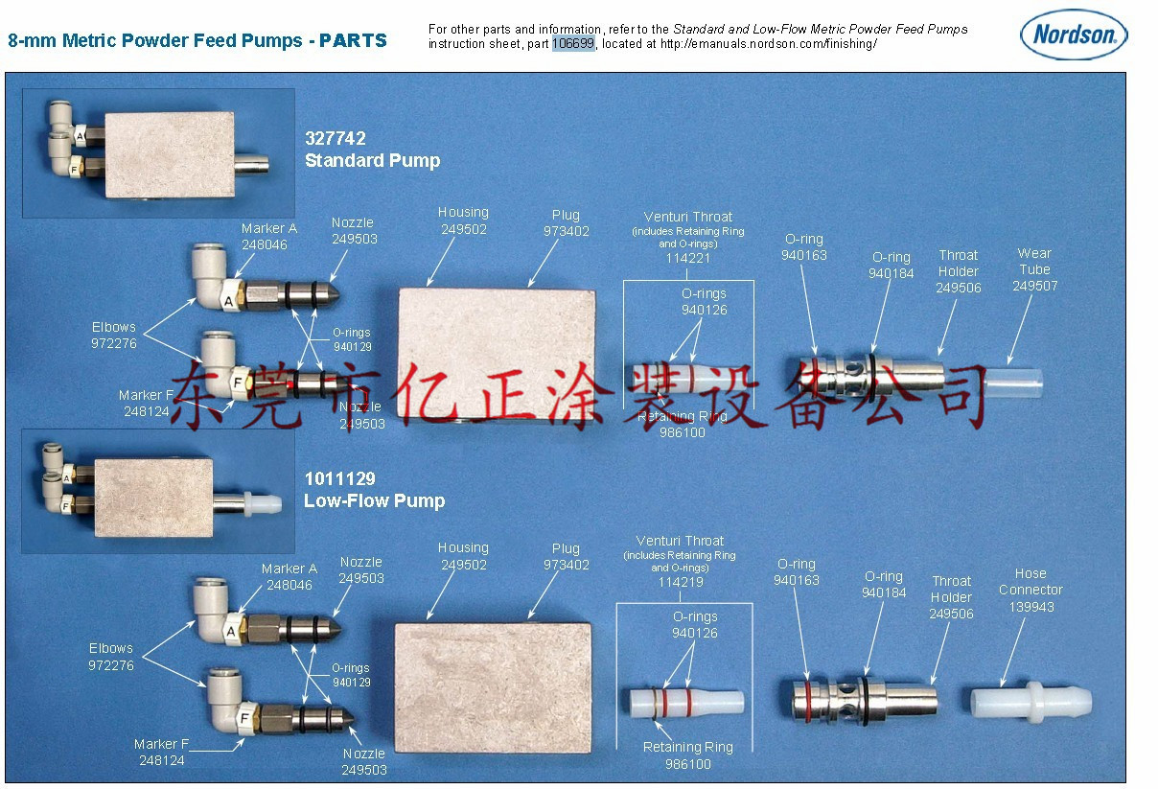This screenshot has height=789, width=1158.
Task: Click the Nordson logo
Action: [1074, 35]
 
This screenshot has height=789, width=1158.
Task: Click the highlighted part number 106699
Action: [573, 43]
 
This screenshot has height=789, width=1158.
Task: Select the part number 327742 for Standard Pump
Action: [335, 138]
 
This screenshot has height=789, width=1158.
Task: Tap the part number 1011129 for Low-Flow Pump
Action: [339, 478]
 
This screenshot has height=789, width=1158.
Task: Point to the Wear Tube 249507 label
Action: [1034, 269]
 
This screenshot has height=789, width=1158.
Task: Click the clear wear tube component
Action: [1014, 383]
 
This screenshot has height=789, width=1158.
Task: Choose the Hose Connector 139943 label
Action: [1031, 590]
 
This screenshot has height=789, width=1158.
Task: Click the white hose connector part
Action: [1031, 702]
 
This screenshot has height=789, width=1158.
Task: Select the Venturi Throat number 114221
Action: [688, 258]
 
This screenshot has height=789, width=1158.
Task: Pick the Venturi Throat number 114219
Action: [681, 582]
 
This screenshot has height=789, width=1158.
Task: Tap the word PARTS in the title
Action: [353, 40]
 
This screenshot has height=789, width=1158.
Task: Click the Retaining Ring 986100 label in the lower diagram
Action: [688, 755]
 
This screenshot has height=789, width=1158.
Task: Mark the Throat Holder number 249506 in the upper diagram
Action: [958, 288]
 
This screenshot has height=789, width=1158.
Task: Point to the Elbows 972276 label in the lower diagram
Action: [111, 657]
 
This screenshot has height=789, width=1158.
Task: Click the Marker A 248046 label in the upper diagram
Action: [268, 236]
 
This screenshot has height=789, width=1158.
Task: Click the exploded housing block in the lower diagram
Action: [493, 687]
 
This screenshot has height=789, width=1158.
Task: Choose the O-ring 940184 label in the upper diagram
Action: [891, 266]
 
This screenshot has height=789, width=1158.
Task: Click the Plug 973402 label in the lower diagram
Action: [567, 556]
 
